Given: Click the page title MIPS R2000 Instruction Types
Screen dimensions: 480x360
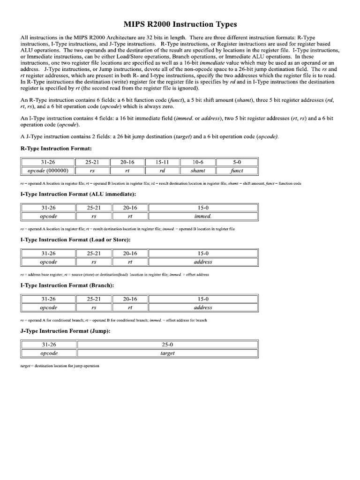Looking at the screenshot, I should [x=180, y=24].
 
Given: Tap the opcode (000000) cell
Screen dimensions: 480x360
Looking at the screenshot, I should [x=48, y=171].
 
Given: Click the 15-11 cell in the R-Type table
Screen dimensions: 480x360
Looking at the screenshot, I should [x=162, y=162].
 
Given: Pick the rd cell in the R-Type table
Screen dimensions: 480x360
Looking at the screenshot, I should [x=162, y=171].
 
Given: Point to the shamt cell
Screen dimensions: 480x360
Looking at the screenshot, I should [x=198, y=171].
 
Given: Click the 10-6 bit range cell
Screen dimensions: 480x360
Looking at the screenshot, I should [x=198, y=162].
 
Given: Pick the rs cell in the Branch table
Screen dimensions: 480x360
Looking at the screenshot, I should [x=93, y=307].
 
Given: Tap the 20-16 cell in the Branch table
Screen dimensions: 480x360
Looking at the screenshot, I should [x=130, y=299].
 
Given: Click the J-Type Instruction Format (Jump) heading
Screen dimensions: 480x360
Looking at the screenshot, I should [x=59, y=331].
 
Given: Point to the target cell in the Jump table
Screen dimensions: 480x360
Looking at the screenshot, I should [x=167, y=353].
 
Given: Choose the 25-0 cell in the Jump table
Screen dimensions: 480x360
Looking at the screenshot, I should [x=167, y=345].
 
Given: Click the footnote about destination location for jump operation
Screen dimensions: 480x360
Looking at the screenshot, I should [x=60, y=366].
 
